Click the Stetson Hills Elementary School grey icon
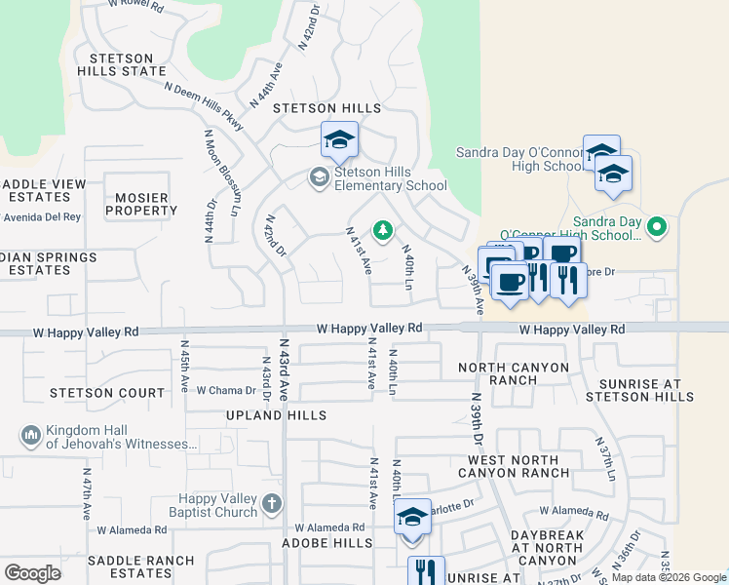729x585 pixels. [318, 177]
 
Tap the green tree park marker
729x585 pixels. [384, 230]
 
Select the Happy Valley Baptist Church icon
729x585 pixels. [271, 504]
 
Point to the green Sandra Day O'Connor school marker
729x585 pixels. [658, 227]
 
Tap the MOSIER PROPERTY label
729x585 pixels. [141, 204]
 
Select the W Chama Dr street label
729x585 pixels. [225, 391]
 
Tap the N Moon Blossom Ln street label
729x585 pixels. [222, 172]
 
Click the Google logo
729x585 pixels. [32, 573]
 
